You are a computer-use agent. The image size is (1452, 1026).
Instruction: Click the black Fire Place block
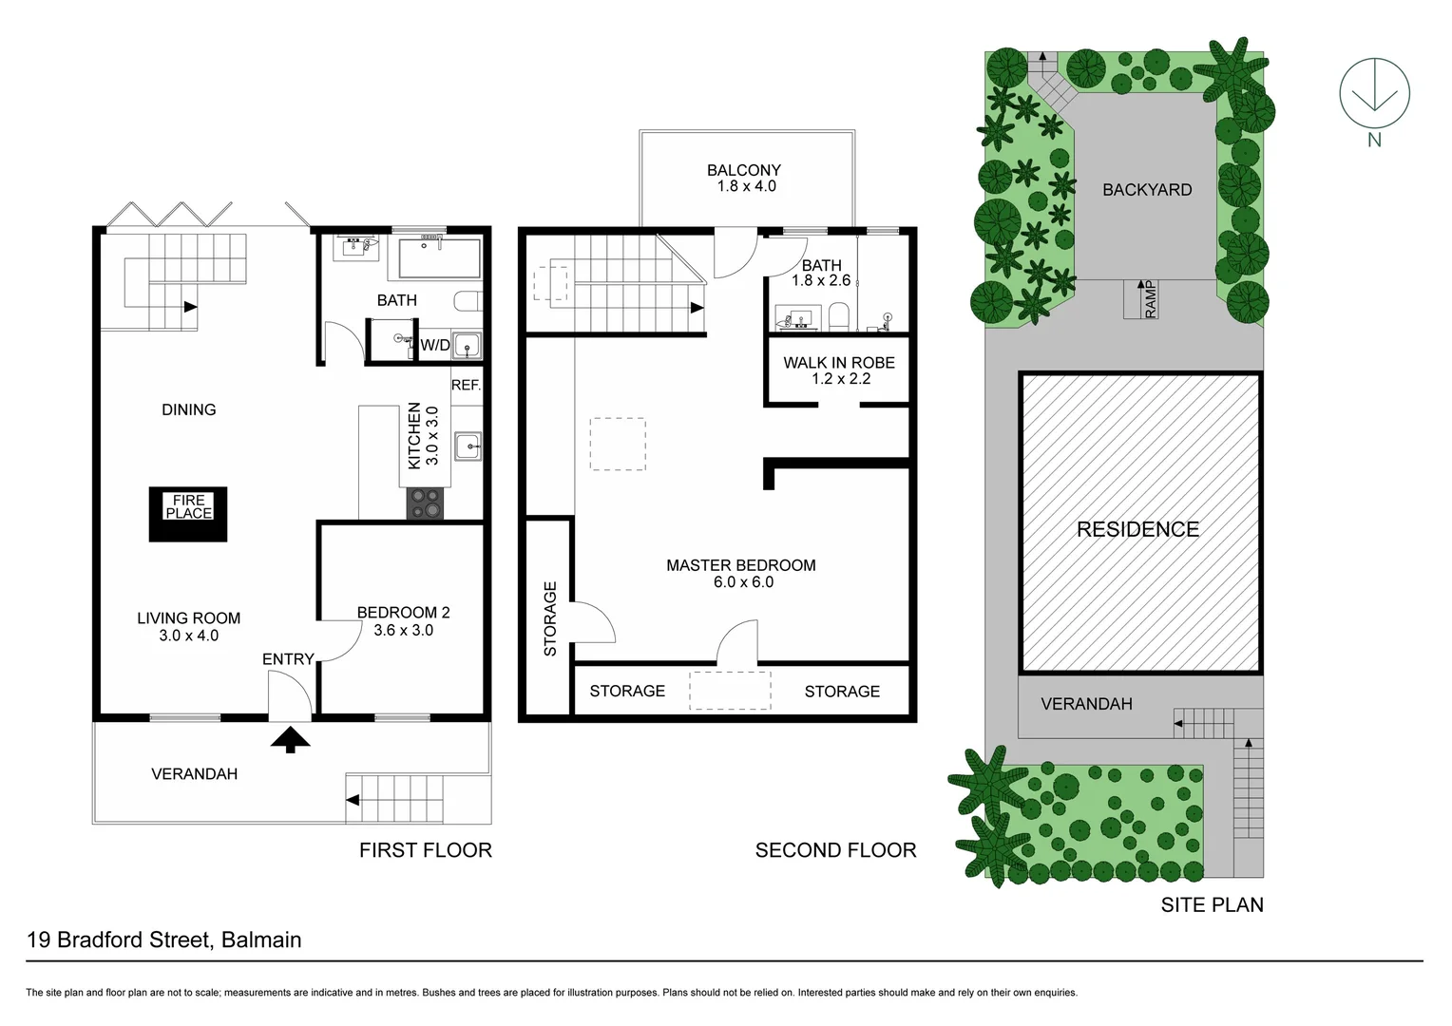tap(188, 514)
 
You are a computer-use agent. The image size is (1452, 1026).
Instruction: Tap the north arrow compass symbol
tap(1374, 95)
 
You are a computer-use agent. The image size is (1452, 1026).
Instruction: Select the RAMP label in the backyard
tap(1151, 299)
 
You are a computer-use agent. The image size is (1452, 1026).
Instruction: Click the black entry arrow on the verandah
tap(290, 739)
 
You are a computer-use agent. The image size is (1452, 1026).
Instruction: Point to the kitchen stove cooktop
tap(425, 503)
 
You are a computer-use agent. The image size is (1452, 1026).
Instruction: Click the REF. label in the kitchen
tap(466, 385)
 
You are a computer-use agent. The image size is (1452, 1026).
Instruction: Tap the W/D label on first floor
tap(435, 345)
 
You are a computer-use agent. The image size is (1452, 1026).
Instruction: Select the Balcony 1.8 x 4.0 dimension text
tap(746, 186)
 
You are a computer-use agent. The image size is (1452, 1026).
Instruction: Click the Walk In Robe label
tap(839, 362)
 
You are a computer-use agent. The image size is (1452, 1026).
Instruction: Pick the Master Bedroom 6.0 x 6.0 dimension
tap(743, 582)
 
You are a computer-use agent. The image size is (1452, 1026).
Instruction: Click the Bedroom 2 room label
tap(403, 613)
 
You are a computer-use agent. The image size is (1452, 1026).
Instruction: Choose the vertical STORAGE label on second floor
tap(549, 618)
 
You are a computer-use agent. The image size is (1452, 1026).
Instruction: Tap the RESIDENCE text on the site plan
tap(1137, 529)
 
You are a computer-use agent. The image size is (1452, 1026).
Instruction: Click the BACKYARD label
tap(1146, 190)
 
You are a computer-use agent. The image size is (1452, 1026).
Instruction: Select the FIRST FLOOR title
tap(425, 850)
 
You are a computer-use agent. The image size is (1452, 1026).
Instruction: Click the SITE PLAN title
tap(1212, 904)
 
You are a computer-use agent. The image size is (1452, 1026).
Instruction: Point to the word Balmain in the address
tap(261, 940)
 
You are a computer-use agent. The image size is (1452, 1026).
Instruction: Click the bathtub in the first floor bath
tap(439, 258)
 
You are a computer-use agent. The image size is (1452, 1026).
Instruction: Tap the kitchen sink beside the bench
tap(468, 445)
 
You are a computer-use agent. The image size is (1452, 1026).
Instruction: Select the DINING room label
tap(188, 409)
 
